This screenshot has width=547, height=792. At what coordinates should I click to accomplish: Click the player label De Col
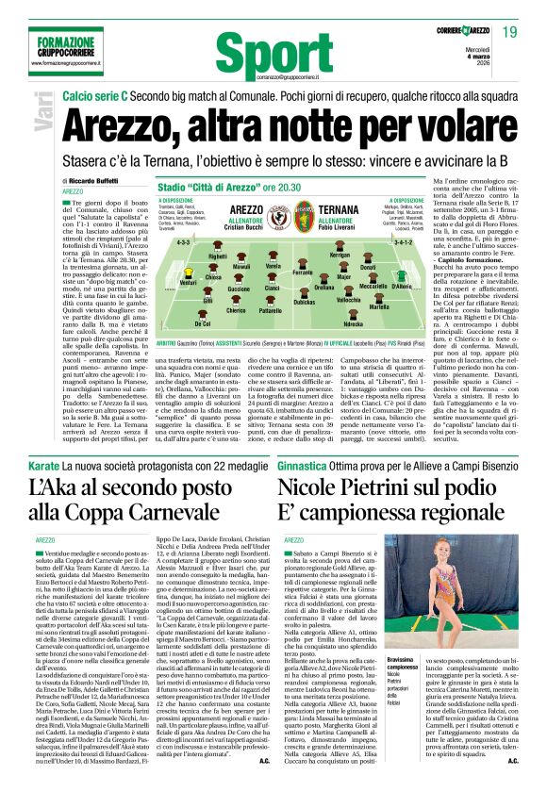point(201,322)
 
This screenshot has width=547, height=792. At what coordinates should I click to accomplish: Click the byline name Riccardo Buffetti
point(95,179)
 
